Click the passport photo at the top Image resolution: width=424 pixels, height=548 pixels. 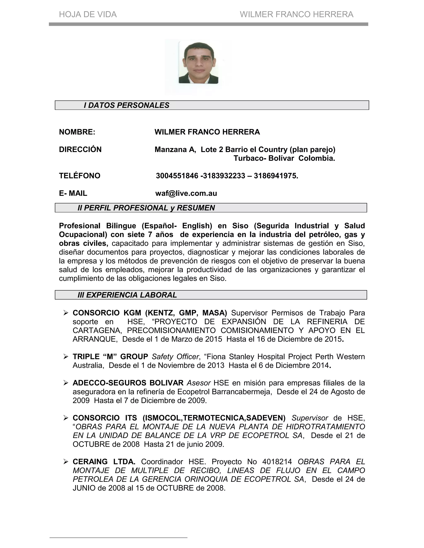198,62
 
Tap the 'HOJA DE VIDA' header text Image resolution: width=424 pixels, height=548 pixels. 88,14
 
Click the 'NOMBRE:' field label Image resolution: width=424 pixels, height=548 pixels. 77,132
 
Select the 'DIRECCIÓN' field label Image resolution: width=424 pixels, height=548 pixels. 80,150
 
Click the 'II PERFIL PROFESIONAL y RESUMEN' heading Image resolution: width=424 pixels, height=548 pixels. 146,208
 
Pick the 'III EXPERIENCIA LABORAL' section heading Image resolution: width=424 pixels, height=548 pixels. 127,295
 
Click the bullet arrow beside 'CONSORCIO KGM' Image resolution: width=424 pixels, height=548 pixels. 66,313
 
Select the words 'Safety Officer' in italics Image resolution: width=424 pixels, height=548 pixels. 175,357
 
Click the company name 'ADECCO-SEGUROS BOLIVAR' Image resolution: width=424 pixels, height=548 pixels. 128,383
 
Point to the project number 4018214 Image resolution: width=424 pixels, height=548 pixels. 277,462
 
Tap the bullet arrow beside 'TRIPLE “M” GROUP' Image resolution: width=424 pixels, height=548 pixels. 66,356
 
